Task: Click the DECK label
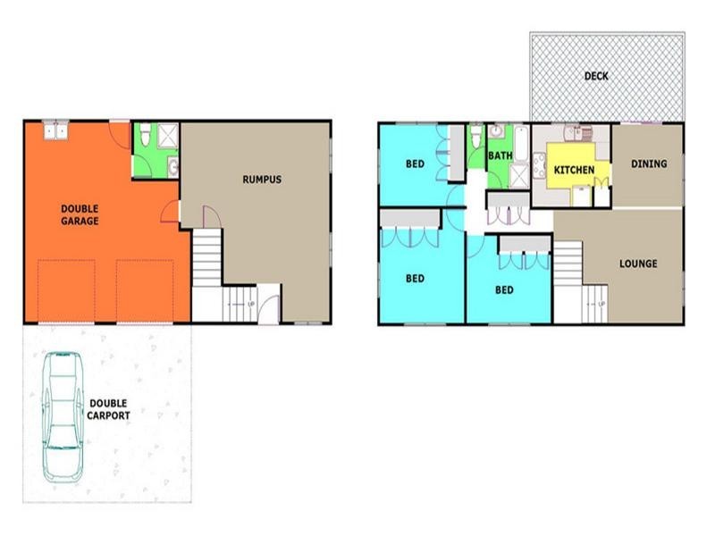pyautogui.click(x=596, y=76)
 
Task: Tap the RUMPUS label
pyautogui.click(x=262, y=180)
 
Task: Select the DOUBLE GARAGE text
pyautogui.click(x=80, y=214)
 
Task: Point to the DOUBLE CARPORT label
pyautogui.click(x=109, y=410)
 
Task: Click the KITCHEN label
pyautogui.click(x=575, y=170)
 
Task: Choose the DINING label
pyautogui.click(x=649, y=163)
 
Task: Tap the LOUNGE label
pyautogui.click(x=638, y=264)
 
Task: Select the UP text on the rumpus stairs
pyautogui.click(x=251, y=305)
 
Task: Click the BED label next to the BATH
pyautogui.click(x=415, y=163)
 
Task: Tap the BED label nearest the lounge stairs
pyautogui.click(x=505, y=290)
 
